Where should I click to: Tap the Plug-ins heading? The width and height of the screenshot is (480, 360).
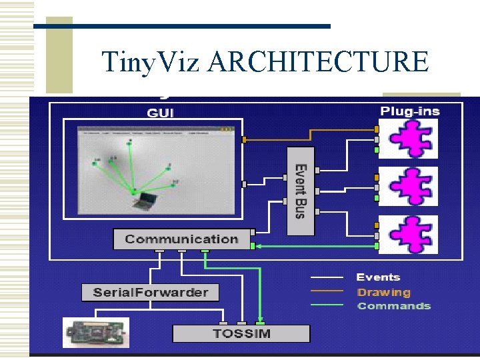coord(409,111)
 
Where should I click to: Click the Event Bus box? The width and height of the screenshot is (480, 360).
coord(301,191)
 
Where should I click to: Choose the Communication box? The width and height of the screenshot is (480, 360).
coord(181,239)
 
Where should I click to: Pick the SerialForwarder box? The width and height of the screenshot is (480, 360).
coord(151,292)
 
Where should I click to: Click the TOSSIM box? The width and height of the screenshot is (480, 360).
coord(241,333)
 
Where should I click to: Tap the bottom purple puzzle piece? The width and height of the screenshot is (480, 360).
coord(408,234)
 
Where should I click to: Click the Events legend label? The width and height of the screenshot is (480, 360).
coord(378,277)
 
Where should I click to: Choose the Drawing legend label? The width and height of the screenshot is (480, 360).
coord(383,292)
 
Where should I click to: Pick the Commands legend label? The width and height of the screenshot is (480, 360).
coord(393,306)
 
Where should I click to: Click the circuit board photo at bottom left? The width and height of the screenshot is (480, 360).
coord(96,333)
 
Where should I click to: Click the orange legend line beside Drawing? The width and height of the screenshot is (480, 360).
coord(326,291)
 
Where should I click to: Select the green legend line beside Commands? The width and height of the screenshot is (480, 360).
coord(326,305)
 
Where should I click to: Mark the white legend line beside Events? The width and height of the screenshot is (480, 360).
coord(326,277)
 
